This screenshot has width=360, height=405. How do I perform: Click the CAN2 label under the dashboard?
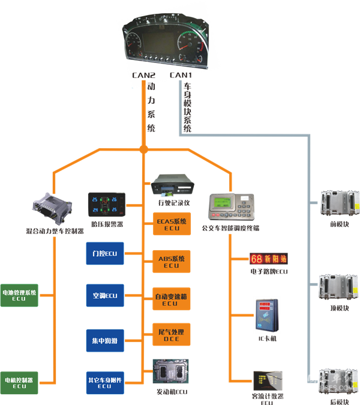coord(144,76)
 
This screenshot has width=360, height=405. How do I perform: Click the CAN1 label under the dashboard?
coord(181,76)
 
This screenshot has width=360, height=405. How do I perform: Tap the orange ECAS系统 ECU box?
coord(171,224)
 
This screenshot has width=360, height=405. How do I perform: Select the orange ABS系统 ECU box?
coord(171,262)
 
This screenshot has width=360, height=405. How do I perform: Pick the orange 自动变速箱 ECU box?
coord(171,299)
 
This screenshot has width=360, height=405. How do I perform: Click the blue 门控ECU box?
coord(104,254)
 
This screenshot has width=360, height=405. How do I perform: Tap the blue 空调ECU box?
coord(104,296)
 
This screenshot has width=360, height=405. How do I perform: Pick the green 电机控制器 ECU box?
coord(20,382)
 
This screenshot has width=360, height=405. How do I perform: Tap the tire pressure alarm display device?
coord(107,206)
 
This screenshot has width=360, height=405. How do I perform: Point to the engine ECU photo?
coord(171,373)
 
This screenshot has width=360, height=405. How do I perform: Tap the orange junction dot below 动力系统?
coord(143,149)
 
